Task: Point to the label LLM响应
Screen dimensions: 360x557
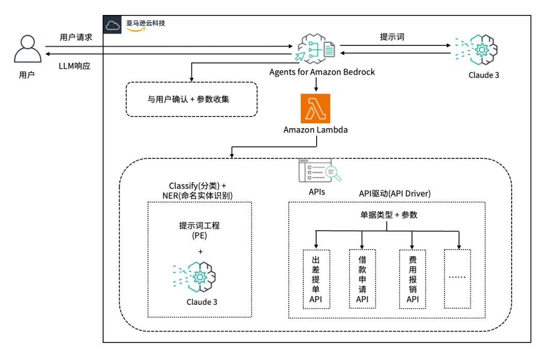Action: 75,66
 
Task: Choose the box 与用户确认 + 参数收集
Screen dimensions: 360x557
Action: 191,99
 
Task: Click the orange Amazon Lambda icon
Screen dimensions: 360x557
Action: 315,107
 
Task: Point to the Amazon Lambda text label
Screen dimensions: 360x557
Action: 315,130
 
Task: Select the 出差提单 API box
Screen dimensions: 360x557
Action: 316,279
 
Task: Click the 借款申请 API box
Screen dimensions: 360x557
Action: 363,279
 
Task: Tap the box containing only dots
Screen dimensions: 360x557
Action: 458,279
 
